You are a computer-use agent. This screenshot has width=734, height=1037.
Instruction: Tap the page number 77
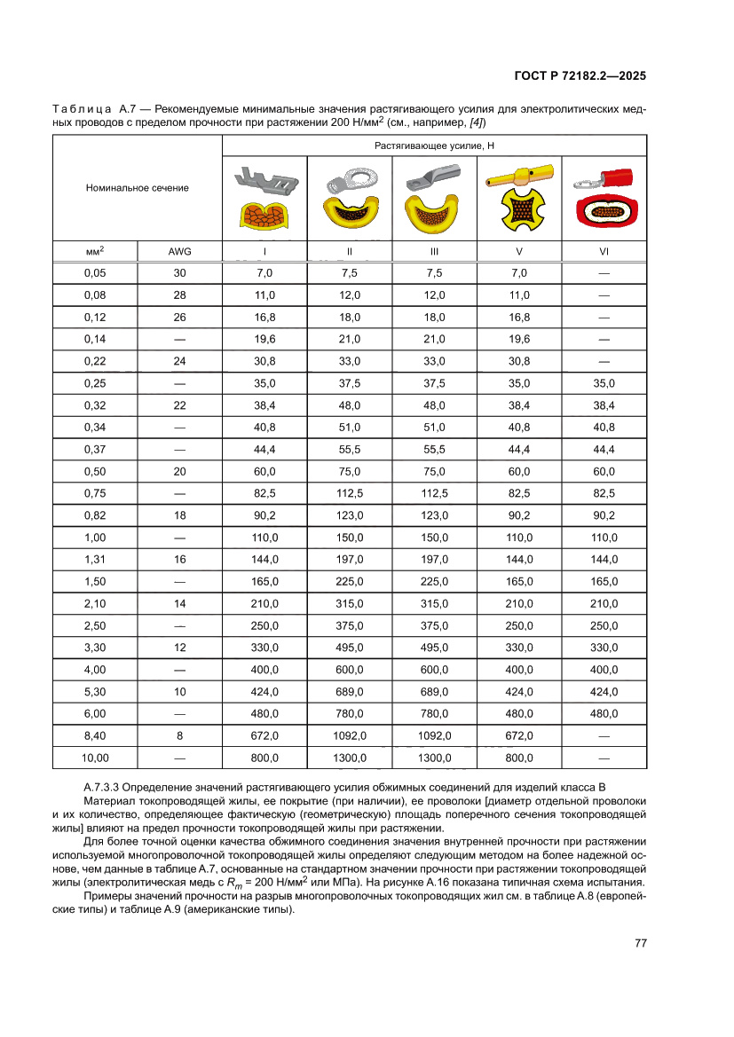click(x=640, y=943)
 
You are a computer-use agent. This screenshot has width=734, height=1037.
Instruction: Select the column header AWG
click(x=179, y=251)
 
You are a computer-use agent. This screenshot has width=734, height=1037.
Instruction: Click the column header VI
click(x=604, y=251)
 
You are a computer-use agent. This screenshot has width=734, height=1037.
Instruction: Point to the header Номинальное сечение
click(x=137, y=188)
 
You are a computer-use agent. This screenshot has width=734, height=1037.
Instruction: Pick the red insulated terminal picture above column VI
click(x=604, y=199)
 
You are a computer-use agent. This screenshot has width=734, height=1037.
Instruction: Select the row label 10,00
click(x=95, y=758)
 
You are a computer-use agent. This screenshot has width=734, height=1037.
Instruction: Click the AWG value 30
click(x=179, y=272)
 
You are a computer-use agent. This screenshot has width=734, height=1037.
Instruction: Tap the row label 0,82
click(x=95, y=515)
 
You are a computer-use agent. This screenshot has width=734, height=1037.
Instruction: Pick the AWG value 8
click(x=179, y=735)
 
